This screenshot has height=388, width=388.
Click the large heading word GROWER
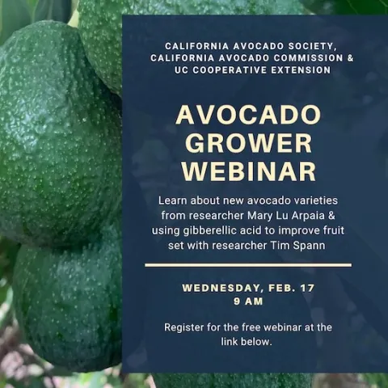[248, 143]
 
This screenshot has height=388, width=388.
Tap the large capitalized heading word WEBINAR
[248, 171]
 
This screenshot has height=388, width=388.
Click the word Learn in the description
[174, 200]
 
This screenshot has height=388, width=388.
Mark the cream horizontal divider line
[248, 264]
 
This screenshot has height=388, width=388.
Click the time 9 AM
[248, 302]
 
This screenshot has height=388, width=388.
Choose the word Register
[185, 327]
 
